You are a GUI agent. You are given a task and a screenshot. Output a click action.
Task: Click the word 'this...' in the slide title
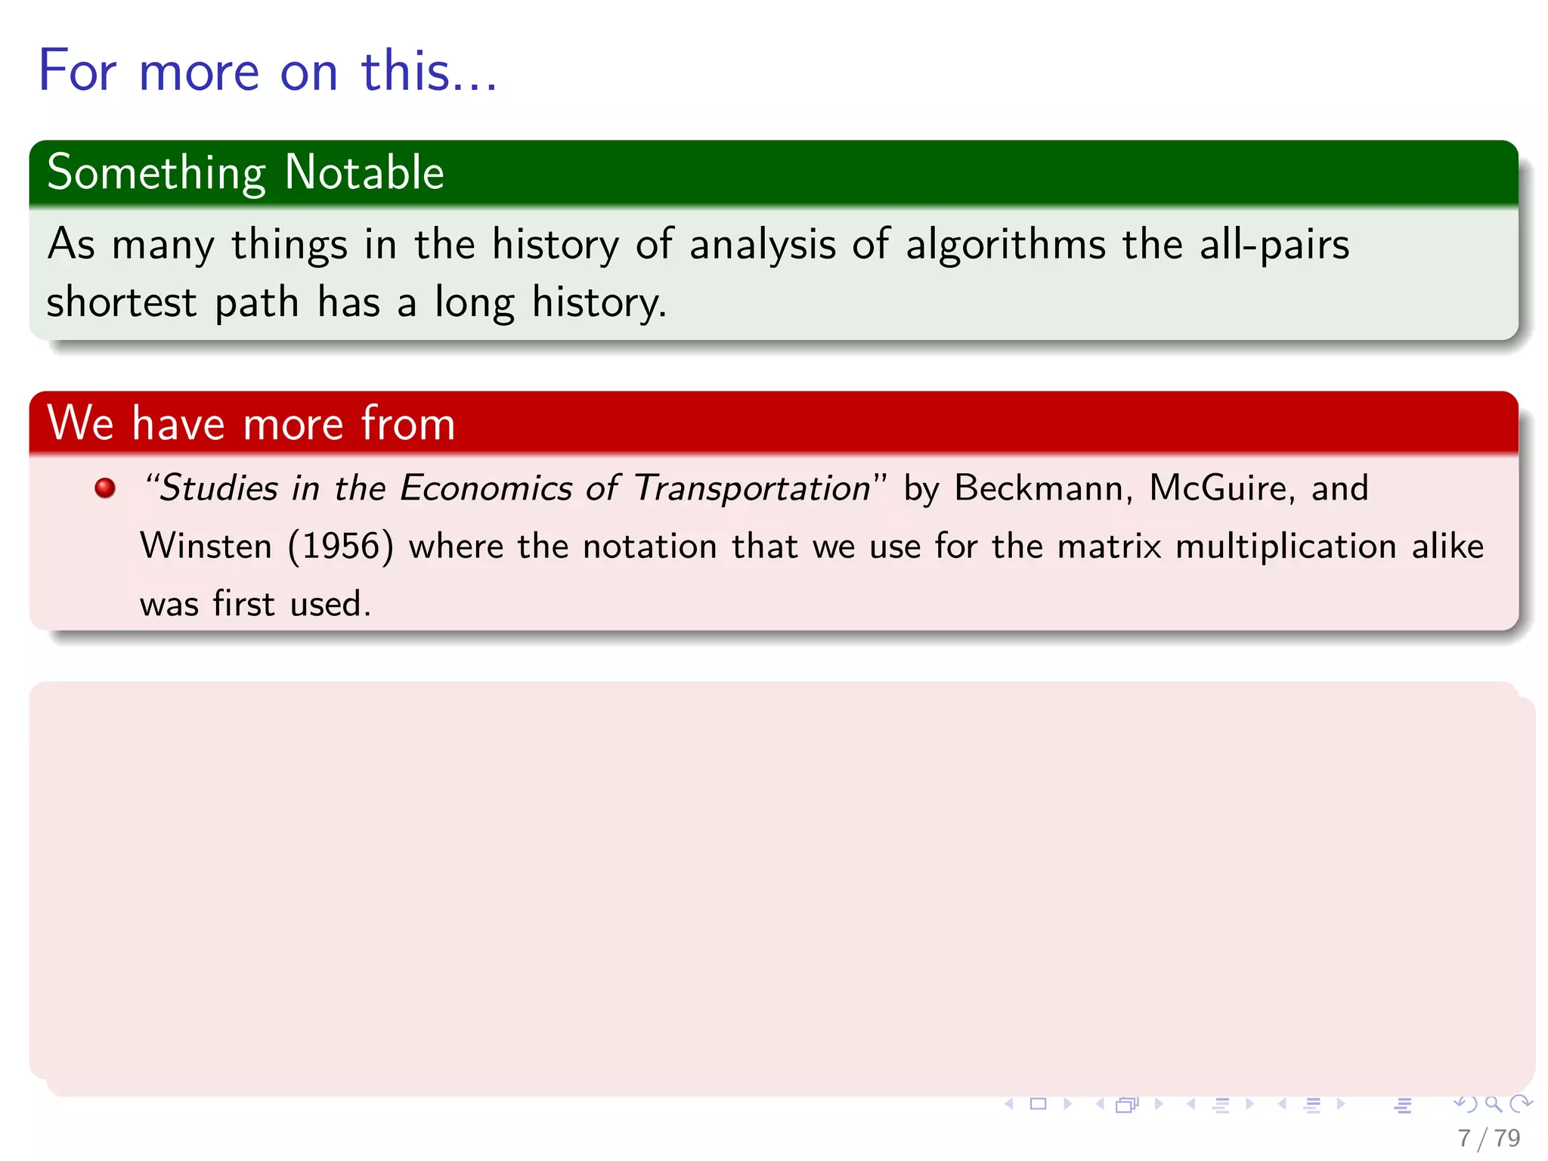tap(429, 71)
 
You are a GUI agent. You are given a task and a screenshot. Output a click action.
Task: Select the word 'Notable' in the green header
tap(364, 172)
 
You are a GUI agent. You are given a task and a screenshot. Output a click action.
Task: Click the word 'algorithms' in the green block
tap(1005, 246)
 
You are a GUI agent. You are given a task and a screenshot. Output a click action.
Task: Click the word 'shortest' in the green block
tap(122, 302)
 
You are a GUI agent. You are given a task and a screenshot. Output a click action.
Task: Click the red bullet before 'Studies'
tap(105, 488)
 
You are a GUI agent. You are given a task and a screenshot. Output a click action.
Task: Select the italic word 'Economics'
tap(485, 488)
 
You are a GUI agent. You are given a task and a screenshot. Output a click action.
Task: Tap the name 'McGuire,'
tap(1221, 488)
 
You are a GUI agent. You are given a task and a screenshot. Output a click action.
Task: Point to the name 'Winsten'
tap(206, 546)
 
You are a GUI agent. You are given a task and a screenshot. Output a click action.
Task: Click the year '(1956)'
tap(341, 546)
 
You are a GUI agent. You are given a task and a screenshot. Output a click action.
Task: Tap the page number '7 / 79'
tap(1488, 1138)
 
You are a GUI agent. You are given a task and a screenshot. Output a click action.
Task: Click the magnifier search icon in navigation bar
tap(1493, 1104)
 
